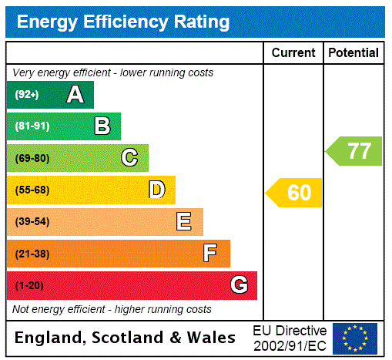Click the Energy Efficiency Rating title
click(123, 22)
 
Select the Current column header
click(293, 52)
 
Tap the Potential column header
click(353, 52)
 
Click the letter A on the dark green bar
click(75, 95)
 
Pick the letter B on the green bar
click(102, 126)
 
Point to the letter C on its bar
click(129, 158)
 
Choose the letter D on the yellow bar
click(157, 190)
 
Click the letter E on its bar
click(184, 222)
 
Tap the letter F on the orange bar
click(210, 254)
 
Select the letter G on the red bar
click(239, 285)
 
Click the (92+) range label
click(26, 95)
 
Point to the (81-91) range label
click(32, 126)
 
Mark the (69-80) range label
click(32, 158)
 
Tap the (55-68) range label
click(32, 190)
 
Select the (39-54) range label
click(32, 222)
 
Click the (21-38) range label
click(32, 254)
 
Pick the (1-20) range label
click(29, 285)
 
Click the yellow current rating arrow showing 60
click(294, 193)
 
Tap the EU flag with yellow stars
click(355, 338)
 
